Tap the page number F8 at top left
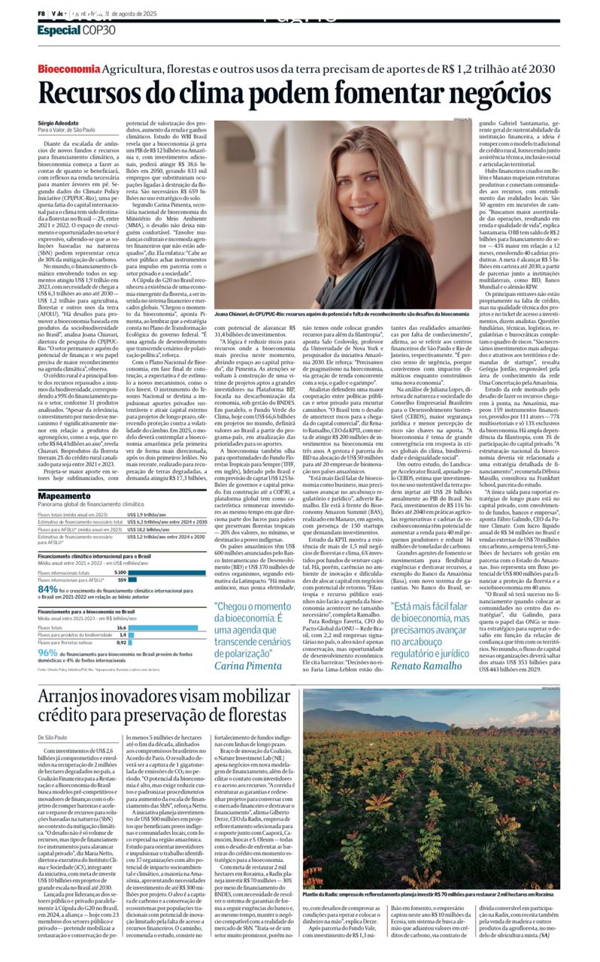[42, 14]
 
